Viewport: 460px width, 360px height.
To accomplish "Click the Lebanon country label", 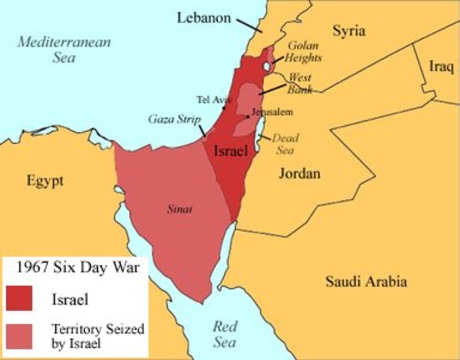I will tap(204, 16).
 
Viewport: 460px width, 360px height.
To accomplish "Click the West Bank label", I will tap(300, 83).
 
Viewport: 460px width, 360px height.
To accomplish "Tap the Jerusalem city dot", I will tap(247, 116).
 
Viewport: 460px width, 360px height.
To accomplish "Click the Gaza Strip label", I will tap(172, 119).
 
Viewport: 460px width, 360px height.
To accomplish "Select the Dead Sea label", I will tap(285, 143).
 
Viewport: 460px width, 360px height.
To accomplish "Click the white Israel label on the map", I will tap(231, 151).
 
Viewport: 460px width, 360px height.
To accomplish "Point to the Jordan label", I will tap(299, 174).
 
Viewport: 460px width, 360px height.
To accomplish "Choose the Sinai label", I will tap(179, 210).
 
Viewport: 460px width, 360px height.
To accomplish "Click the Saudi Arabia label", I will tap(366, 281).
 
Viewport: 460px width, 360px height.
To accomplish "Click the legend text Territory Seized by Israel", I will tap(97, 335).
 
